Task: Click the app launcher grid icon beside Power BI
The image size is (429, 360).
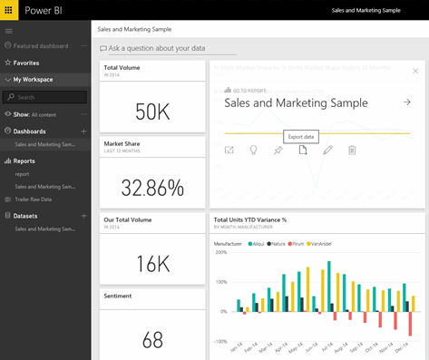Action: click(x=10, y=9)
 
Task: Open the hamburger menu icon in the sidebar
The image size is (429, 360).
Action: click(x=9, y=31)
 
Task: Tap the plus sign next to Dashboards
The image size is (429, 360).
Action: click(x=83, y=131)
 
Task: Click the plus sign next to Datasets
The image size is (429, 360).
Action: click(x=83, y=216)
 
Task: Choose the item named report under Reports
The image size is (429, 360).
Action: click(x=22, y=173)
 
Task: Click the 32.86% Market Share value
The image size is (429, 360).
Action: click(x=151, y=188)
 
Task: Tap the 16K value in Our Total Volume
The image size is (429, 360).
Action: click(x=151, y=264)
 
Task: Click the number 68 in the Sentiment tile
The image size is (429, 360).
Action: click(x=151, y=339)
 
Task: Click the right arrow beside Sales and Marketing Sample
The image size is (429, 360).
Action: click(x=407, y=103)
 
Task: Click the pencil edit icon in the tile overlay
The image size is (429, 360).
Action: click(x=327, y=150)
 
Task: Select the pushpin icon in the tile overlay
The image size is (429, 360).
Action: click(x=278, y=150)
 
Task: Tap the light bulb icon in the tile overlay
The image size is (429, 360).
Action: click(x=253, y=150)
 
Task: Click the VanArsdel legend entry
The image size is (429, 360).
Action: click(x=319, y=243)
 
